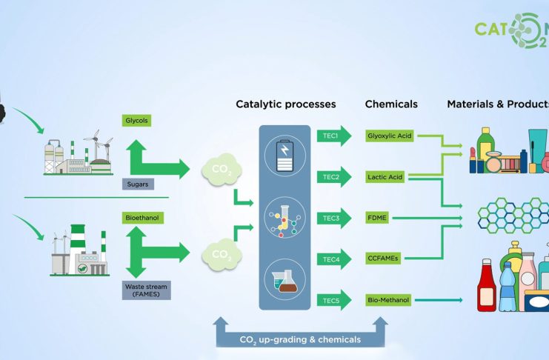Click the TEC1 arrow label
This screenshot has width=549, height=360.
coord(330,137)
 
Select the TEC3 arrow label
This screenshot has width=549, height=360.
coord(330,219)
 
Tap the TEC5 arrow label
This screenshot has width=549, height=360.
coord(330,300)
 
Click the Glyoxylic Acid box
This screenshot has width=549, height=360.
coord(390,136)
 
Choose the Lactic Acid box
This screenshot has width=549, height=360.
coord(385,178)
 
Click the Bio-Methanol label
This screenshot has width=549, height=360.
coord(388,300)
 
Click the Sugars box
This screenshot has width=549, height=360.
coord(139,184)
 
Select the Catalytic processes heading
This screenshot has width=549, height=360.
coord(285,104)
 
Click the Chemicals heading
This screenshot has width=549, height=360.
coord(391,104)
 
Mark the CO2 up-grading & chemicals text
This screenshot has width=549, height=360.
coord(300,339)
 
